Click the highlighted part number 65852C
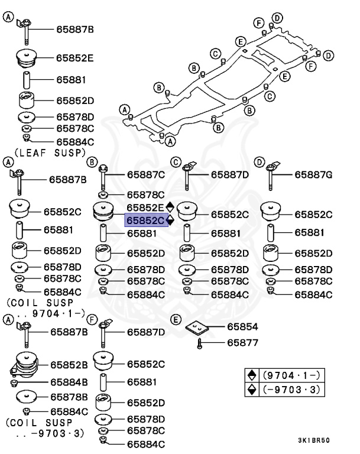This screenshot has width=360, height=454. (145, 220)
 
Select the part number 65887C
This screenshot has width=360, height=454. (145, 175)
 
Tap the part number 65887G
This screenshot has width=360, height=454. (313, 175)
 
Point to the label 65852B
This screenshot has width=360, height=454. (69, 365)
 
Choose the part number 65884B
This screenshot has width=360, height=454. (69, 382)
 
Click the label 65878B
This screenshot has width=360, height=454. (69, 397)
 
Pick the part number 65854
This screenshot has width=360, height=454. (242, 326)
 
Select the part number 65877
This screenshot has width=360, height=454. (242, 342)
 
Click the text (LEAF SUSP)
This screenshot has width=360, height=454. (50, 153)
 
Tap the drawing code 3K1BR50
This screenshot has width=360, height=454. (314, 440)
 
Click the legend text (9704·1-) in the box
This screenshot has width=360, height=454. (291, 375)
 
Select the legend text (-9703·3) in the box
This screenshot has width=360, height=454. (291, 390)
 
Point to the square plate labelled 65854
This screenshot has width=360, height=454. (197, 327)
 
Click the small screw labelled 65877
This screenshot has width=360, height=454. (199, 343)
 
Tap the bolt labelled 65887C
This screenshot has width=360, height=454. (103, 177)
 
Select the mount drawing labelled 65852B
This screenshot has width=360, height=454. (25, 365)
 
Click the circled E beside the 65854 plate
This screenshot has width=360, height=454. (176, 320)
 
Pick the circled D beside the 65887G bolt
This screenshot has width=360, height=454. (259, 162)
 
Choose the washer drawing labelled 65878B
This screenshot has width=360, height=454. (27, 397)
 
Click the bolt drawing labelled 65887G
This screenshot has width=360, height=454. (271, 176)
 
